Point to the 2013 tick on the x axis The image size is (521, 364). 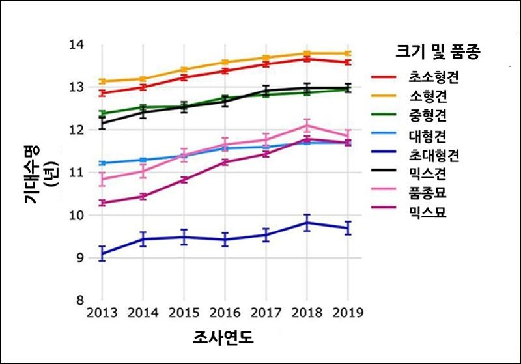coord(102,313)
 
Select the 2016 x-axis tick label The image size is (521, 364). coord(224,313)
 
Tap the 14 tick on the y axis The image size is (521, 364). coord(77,45)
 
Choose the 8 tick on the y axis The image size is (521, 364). coord(81,300)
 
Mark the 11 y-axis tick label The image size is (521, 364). coord(77,173)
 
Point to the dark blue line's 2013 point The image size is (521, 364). coord(102,253)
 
